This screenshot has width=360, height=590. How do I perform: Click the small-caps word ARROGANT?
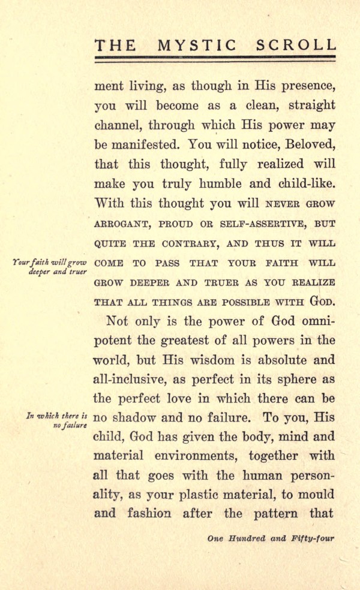[122, 224]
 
